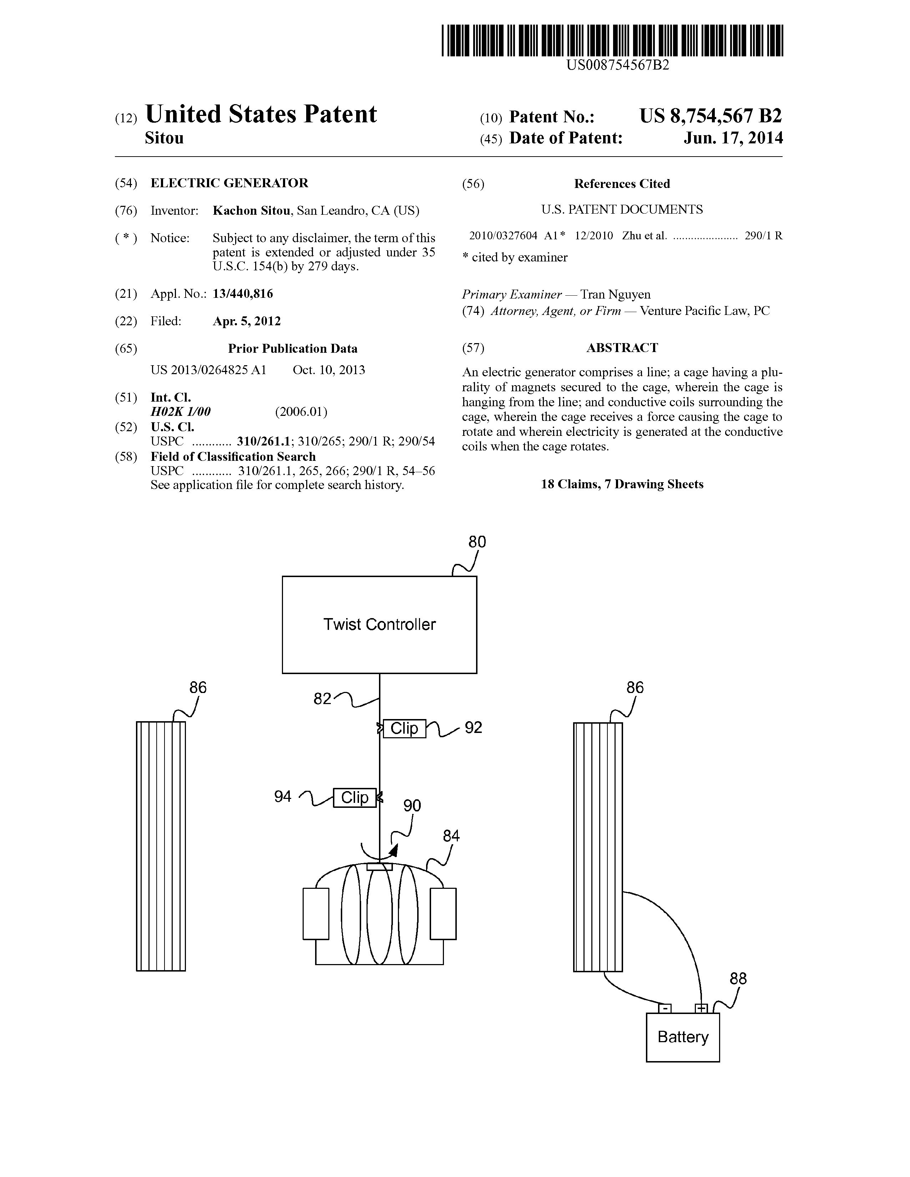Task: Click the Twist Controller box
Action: (379, 624)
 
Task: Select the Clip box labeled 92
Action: (404, 728)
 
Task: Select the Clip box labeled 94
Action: (354, 797)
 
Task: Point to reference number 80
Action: (477, 542)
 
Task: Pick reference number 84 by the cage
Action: (451, 836)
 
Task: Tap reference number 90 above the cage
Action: (412, 806)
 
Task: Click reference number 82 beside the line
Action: (322, 699)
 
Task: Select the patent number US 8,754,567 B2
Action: (710, 116)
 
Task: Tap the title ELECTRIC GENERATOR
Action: (229, 183)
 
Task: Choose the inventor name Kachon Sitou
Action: (251, 211)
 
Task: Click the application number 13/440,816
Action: (243, 294)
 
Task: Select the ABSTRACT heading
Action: (622, 348)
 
